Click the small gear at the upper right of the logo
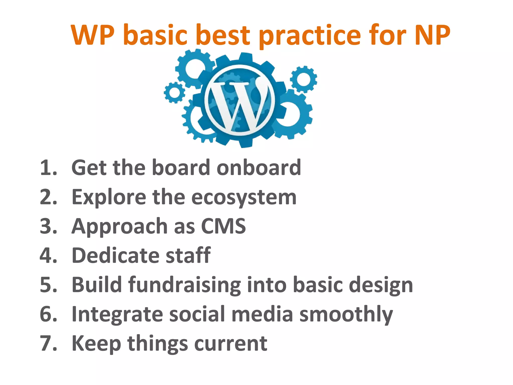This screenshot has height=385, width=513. tap(304, 79)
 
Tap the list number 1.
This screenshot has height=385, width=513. tap(48, 167)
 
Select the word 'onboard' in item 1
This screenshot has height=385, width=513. tap(259, 167)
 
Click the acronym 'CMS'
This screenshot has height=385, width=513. tap(223, 226)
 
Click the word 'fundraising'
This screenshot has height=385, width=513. tap(185, 285)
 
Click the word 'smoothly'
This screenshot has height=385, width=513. tap(346, 314)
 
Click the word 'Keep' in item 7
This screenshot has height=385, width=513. tap(96, 343)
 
